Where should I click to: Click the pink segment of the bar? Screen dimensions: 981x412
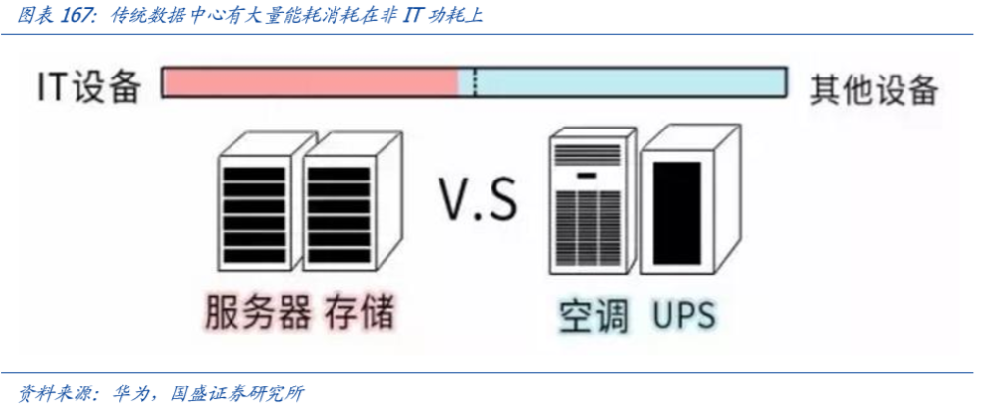(x=311, y=81)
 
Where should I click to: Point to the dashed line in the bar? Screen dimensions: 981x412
(x=475, y=81)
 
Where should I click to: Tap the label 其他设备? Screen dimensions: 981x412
(x=874, y=90)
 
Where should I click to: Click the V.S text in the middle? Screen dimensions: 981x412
(x=478, y=199)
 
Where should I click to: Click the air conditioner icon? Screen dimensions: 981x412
(x=592, y=202)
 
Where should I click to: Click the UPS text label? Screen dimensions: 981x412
(x=685, y=315)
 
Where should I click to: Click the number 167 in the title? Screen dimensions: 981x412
(x=78, y=15)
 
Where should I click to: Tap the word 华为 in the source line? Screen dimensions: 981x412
(x=131, y=393)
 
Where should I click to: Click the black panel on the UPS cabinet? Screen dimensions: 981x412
(x=677, y=213)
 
